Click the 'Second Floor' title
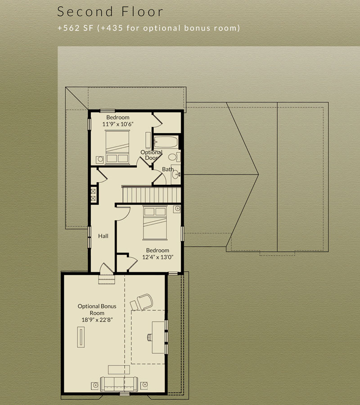pyautogui.click(x=110, y=12)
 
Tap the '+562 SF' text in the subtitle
pyautogui.click(x=75, y=28)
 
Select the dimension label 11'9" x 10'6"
pyautogui.click(x=118, y=124)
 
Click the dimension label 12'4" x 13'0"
pyautogui.click(x=157, y=257)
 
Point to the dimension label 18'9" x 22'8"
pyautogui.click(x=97, y=320)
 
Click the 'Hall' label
pyautogui.click(x=103, y=236)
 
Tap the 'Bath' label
pyautogui.click(x=167, y=169)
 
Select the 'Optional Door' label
pyautogui.click(x=151, y=155)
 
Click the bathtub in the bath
pyautogui.click(x=166, y=142)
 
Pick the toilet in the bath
pyautogui.click(x=174, y=157)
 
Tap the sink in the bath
pyautogui.click(x=176, y=174)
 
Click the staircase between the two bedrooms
pyautogui.click(x=152, y=195)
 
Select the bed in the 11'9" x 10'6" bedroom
pyautogui.click(x=117, y=147)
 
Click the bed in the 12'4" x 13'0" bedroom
pyautogui.click(x=155, y=223)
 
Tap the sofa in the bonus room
pyautogui.click(x=119, y=384)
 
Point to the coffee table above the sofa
pyautogui.click(x=119, y=369)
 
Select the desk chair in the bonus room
pyautogui.click(x=150, y=337)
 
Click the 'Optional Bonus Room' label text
pyautogui.click(x=97, y=310)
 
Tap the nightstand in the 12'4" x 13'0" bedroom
pyautogui.click(x=177, y=209)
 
